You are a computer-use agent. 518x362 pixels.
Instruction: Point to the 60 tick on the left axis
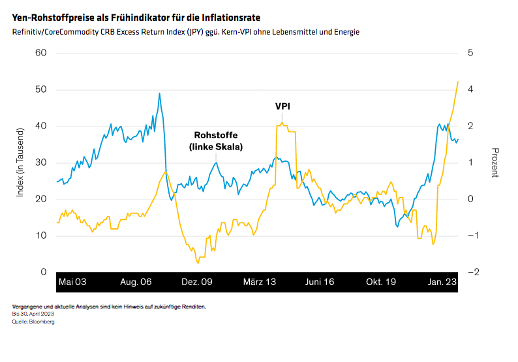pyautogui.click(x=40, y=53)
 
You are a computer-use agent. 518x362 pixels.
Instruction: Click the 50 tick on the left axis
pyautogui.click(x=40, y=89)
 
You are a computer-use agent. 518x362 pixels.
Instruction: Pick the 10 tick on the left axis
pyautogui.click(x=40, y=235)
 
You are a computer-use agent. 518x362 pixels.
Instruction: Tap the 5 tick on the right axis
pyautogui.click(x=471, y=53)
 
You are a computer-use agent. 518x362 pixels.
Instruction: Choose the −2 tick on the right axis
pyautogui.click(x=472, y=272)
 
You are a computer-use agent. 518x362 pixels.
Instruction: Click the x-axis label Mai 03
pyautogui.click(x=72, y=282)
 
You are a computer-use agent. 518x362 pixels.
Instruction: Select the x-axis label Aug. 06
pyautogui.click(x=136, y=282)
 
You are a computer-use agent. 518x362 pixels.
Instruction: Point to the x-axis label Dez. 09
pyautogui.click(x=197, y=282)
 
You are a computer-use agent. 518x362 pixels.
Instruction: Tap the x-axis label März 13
pyautogui.click(x=260, y=282)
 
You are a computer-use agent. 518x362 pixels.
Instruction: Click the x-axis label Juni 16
pyautogui.click(x=320, y=282)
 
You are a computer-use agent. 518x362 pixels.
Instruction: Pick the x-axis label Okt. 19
pyautogui.click(x=382, y=282)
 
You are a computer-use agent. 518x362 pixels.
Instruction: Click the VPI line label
pyautogui.click(x=282, y=106)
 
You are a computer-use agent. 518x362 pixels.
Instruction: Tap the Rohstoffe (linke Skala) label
pyautogui.click(x=215, y=141)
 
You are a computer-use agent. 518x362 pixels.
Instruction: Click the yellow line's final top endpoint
pyautogui.click(x=458, y=82)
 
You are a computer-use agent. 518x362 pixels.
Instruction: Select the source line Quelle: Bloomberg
pyautogui.click(x=33, y=322)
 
